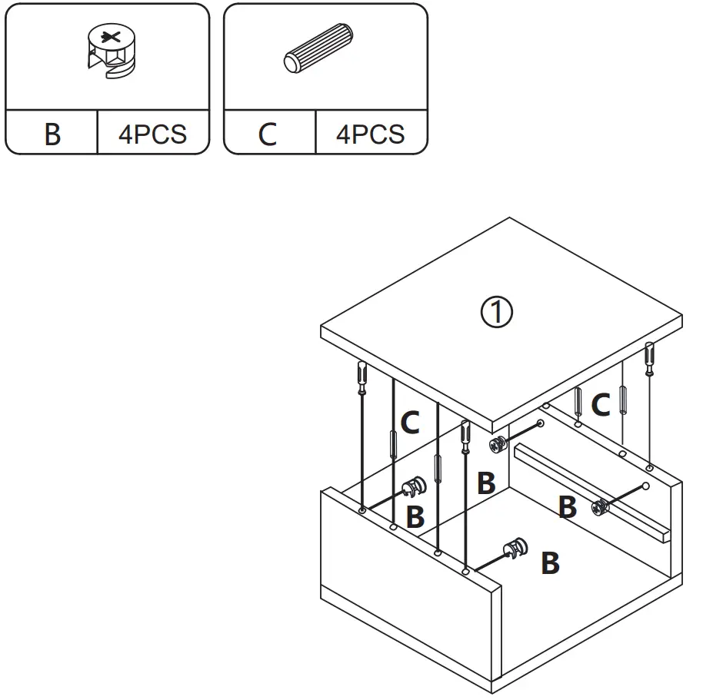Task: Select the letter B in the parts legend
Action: click(52, 134)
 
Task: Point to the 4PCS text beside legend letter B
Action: click(152, 134)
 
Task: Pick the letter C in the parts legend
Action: click(267, 134)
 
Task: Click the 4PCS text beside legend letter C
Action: click(370, 134)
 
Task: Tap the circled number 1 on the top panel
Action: click(496, 312)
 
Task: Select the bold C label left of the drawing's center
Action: click(410, 422)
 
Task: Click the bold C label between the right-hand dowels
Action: click(600, 404)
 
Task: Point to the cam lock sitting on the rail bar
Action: click(600, 506)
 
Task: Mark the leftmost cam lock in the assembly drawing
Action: click(413, 487)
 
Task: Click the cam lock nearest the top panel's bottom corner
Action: click(498, 444)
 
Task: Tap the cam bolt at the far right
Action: click(650, 358)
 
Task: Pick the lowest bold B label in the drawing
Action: click(549, 563)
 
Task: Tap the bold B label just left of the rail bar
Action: click(567, 507)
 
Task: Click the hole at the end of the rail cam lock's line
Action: click(645, 486)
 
